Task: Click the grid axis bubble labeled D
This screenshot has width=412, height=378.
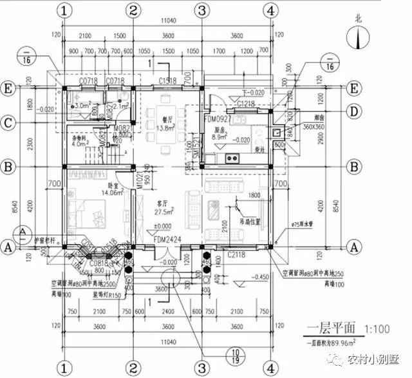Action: (351, 110)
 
